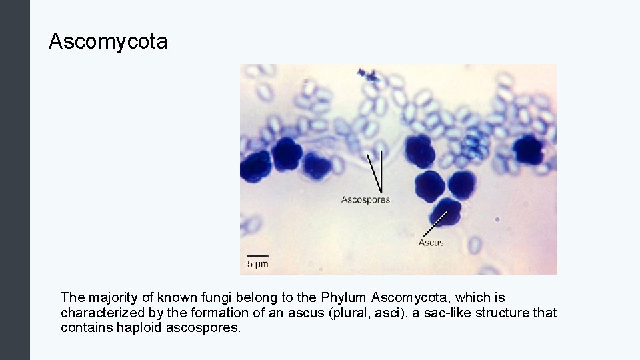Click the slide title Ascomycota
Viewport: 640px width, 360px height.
point(108,42)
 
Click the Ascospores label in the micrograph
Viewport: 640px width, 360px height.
point(365,199)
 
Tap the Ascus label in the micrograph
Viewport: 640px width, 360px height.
point(431,243)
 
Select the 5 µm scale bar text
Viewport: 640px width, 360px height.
point(258,264)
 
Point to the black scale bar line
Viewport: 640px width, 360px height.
point(258,255)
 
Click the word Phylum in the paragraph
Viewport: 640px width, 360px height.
point(345,297)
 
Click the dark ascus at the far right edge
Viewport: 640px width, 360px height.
point(527,149)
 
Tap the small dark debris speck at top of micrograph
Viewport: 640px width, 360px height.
point(366,74)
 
